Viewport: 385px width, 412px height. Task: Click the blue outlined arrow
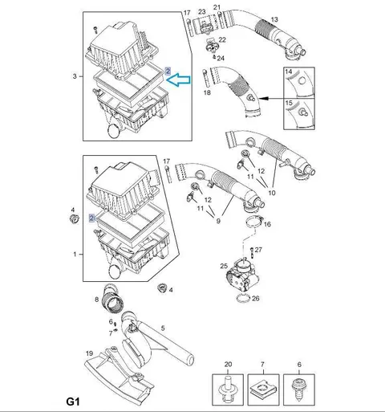[178, 80]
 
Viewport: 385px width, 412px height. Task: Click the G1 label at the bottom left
[73, 402]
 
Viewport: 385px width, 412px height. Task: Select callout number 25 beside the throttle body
[224, 266]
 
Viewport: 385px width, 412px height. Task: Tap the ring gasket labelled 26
[243, 299]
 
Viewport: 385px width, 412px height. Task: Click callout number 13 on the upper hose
[274, 19]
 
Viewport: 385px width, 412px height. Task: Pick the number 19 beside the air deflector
[89, 353]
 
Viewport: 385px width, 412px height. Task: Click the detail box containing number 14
[299, 83]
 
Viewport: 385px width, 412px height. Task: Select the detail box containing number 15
[299, 114]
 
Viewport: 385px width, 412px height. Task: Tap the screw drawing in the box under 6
[299, 390]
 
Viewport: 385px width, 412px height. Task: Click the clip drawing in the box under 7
[263, 390]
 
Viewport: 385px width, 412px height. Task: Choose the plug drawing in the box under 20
[228, 390]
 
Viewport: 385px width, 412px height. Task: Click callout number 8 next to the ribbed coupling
[96, 300]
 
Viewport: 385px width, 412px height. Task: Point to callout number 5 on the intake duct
[163, 328]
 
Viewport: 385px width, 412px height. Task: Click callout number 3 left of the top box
[75, 76]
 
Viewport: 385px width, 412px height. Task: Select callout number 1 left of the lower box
[75, 255]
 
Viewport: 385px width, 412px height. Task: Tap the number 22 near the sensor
[222, 39]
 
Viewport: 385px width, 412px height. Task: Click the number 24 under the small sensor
[221, 58]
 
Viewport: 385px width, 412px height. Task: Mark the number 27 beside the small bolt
[258, 250]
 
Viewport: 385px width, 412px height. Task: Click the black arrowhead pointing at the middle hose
[263, 99]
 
